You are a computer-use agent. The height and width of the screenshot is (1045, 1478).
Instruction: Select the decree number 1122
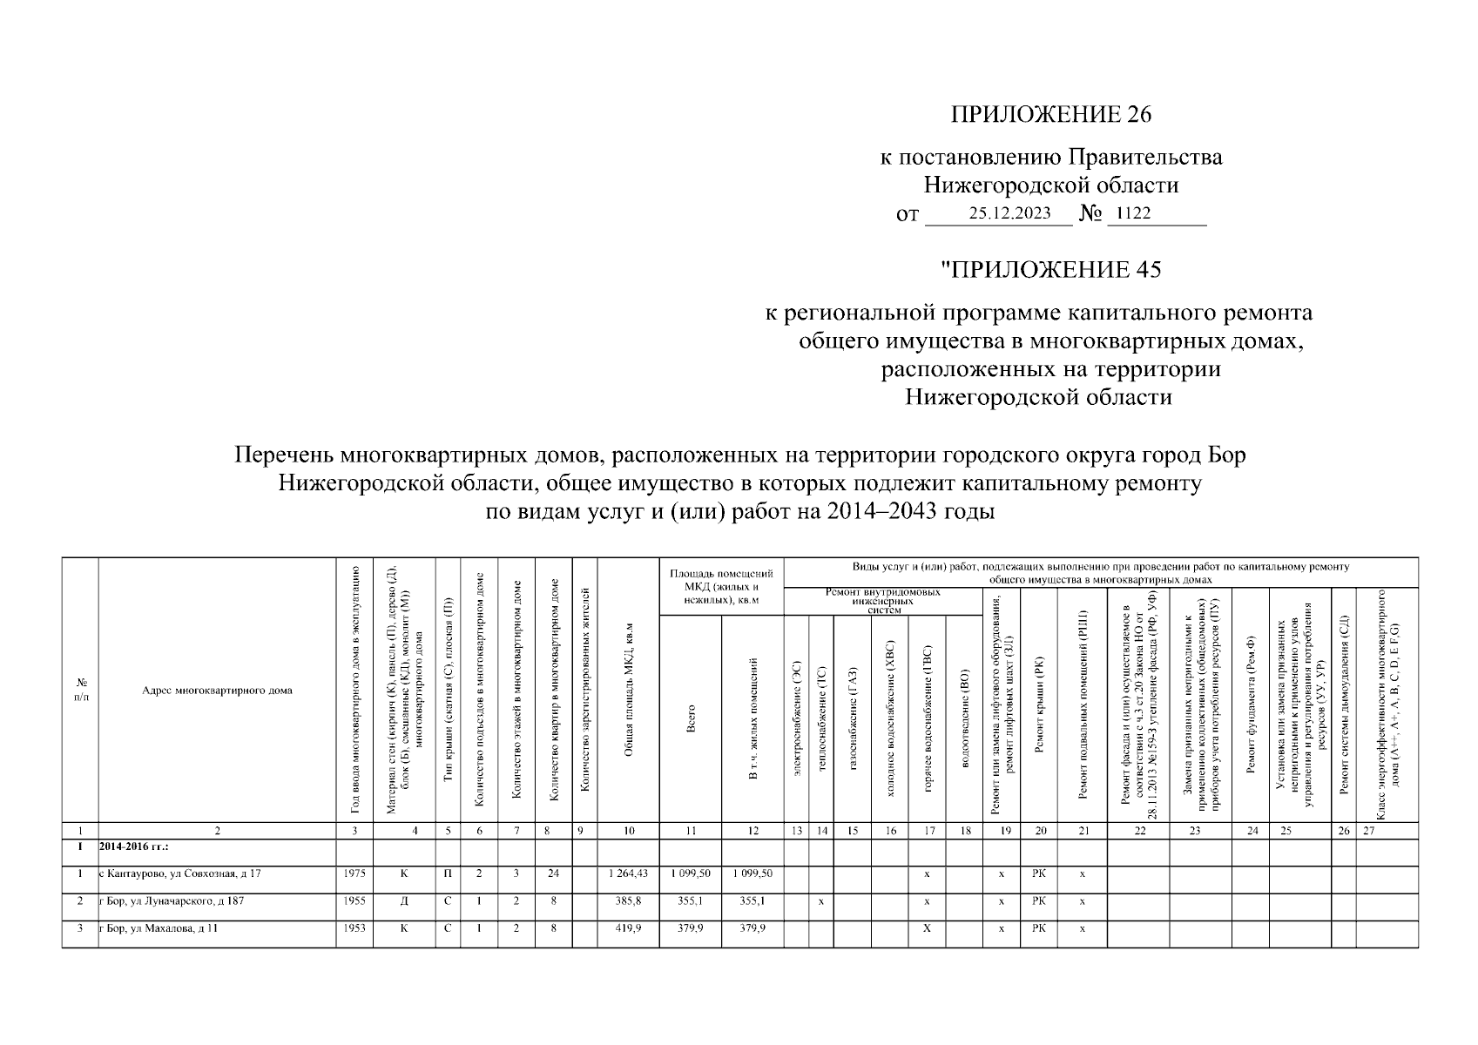pyautogui.click(x=1133, y=213)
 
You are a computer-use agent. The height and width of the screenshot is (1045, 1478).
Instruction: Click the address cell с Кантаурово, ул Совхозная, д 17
pyautogui.click(x=180, y=873)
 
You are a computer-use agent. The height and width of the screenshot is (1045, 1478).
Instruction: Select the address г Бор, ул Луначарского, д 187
pyautogui.click(x=172, y=901)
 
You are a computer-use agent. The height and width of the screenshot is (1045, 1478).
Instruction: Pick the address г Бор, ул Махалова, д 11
pyautogui.click(x=159, y=928)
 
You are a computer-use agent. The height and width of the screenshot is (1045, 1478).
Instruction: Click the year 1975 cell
pyautogui.click(x=354, y=873)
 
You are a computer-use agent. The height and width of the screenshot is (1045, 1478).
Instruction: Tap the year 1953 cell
pyautogui.click(x=354, y=928)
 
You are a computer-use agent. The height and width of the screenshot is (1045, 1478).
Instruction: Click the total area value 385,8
pyautogui.click(x=628, y=901)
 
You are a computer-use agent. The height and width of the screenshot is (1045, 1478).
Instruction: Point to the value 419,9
pyautogui.click(x=628, y=928)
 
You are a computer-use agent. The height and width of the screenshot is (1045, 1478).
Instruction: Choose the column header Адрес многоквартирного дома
pyautogui.click(x=217, y=691)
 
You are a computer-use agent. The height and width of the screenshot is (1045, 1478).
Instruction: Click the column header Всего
pyautogui.click(x=691, y=719)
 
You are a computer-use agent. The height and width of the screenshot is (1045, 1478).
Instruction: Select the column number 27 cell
pyautogui.click(x=1368, y=832)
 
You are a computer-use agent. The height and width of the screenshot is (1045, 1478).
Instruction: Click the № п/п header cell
pyautogui.click(x=81, y=691)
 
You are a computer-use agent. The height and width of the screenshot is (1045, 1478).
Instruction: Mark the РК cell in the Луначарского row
pyautogui.click(x=1039, y=901)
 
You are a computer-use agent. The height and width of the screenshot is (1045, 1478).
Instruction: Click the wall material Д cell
pyautogui.click(x=404, y=901)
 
